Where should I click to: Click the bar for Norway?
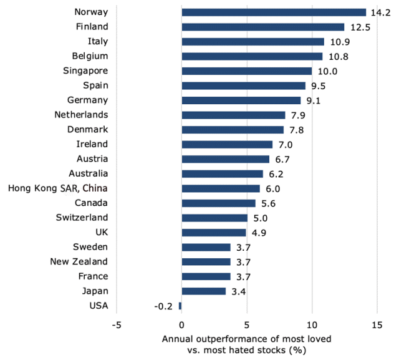point(274,12)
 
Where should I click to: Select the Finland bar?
point(262,27)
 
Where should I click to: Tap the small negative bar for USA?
point(180,306)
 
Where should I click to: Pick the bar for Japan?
point(203,291)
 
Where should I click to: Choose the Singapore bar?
point(246,71)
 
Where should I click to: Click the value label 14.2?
point(378,12)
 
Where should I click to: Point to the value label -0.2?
point(163,306)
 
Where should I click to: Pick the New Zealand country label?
point(79,261)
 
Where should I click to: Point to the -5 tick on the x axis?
point(116,325)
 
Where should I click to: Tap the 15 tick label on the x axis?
point(376,325)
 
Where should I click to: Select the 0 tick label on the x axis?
point(181,325)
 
